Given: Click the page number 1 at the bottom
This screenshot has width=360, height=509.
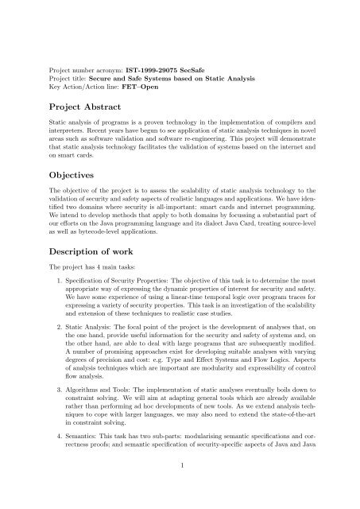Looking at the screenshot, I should (180, 484).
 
